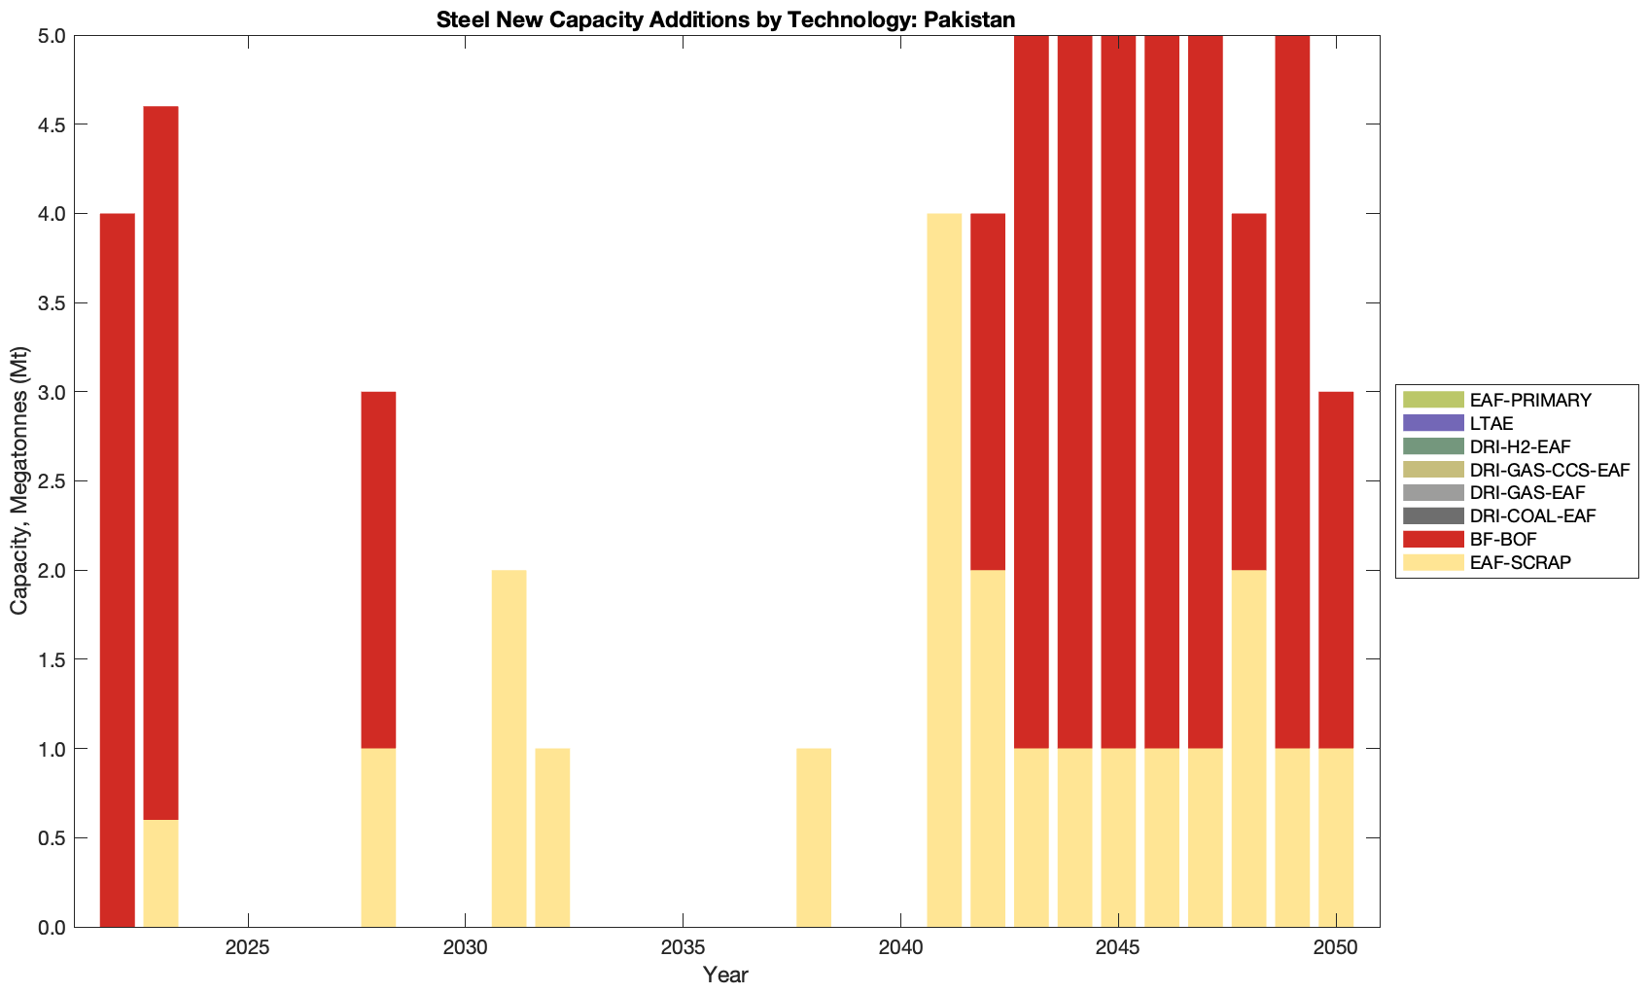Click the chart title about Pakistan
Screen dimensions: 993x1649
pos(725,19)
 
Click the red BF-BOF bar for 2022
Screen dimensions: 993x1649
pos(118,569)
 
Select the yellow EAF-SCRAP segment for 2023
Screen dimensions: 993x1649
pos(160,873)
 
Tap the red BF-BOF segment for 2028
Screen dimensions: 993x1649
pos(378,569)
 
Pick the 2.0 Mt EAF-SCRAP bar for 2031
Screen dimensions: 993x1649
pos(509,748)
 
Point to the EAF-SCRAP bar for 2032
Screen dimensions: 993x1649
pos(552,837)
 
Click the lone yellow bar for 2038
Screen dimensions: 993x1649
pos(814,837)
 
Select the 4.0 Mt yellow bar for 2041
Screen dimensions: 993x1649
pos(944,569)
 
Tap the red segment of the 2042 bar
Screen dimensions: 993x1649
pos(988,391)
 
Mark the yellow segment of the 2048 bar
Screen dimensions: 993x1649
pos(1248,748)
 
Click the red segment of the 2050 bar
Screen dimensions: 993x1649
pos(1336,569)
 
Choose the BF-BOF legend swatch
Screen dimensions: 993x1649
pos(1432,539)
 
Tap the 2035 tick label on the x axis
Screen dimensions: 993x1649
pos(683,948)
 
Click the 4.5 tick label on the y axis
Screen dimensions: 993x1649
pos(49,124)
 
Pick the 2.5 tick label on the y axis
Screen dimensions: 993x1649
pos(49,481)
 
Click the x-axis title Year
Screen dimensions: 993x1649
pos(725,975)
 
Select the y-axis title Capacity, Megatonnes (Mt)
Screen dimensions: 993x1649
pos(19,481)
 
